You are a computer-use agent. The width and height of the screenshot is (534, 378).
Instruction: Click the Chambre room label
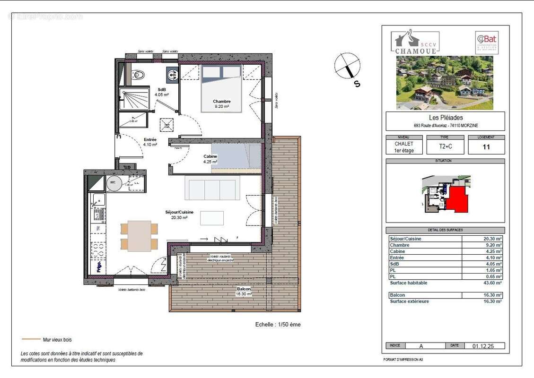pos(221,101)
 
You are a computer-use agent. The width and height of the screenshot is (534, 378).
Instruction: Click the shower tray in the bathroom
pos(134,99)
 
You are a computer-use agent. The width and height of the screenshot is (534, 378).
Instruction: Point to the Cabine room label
pos(210,156)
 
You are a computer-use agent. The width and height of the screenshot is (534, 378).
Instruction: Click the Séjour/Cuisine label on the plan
pos(179,212)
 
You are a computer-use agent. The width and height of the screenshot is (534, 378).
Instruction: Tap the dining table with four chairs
pos(139,236)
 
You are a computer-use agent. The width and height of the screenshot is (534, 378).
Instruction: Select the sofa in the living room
pos(212,188)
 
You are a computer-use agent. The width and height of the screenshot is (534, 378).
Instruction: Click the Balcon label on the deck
pos(244,289)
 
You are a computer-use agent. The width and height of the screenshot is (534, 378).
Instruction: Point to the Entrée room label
pos(150,140)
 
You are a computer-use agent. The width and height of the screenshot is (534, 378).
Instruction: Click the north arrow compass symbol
pos(348,66)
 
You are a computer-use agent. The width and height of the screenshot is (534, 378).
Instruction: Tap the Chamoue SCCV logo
pos(415,42)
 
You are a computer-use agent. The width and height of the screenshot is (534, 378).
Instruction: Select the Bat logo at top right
pos(486,42)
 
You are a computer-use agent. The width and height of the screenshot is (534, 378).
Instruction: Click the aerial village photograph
pos(445,83)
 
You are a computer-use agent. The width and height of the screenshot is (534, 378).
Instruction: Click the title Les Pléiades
pos(445,118)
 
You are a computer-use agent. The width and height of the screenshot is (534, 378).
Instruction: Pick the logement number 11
pos(486,147)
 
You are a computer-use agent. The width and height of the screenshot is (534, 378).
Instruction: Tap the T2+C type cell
pos(445,147)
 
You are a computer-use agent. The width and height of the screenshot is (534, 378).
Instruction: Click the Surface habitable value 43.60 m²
pos(492,283)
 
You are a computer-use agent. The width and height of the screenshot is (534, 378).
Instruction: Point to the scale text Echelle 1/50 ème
pos(277,325)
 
